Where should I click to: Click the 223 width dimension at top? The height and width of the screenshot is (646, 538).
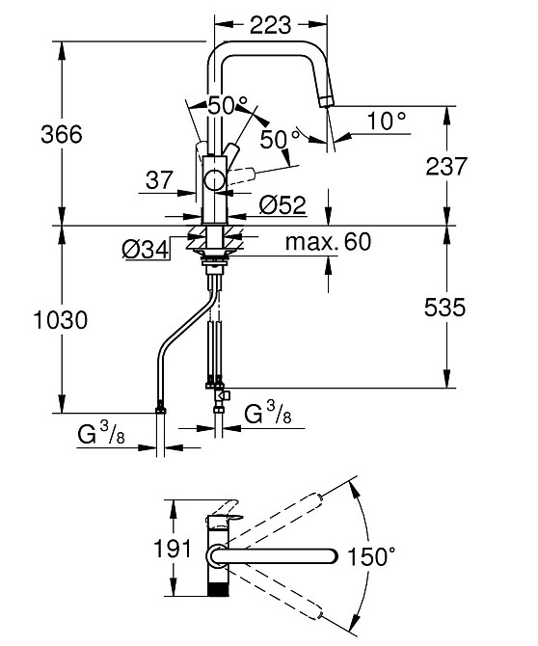tap(271, 25)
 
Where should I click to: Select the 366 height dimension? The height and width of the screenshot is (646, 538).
tap(62, 134)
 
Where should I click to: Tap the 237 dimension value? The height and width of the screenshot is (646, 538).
tap(446, 166)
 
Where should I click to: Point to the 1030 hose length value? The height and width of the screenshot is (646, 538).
tap(61, 320)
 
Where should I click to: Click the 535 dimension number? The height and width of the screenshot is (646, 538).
tap(444, 308)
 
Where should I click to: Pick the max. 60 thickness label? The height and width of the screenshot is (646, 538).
tap(328, 242)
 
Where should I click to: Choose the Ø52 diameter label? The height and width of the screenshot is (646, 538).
tap(283, 204)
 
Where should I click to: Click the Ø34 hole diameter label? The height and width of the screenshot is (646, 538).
tap(146, 250)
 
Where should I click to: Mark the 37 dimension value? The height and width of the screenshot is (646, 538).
tap(159, 180)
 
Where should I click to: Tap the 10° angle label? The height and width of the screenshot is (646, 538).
tap(386, 121)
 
